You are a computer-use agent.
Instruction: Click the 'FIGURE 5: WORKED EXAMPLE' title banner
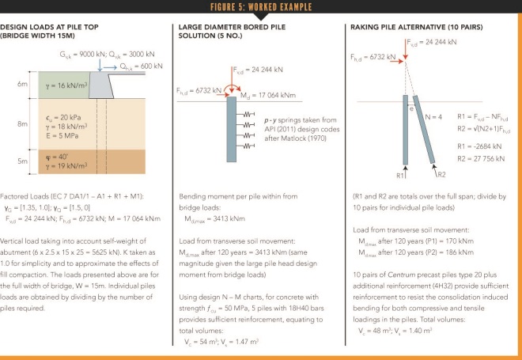(x=260, y=7)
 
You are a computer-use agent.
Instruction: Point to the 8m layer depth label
(x=23, y=124)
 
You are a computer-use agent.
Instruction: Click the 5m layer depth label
(x=23, y=161)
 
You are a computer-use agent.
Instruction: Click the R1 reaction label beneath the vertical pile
(x=402, y=173)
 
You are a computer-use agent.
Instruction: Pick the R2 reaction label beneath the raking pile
(x=441, y=173)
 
